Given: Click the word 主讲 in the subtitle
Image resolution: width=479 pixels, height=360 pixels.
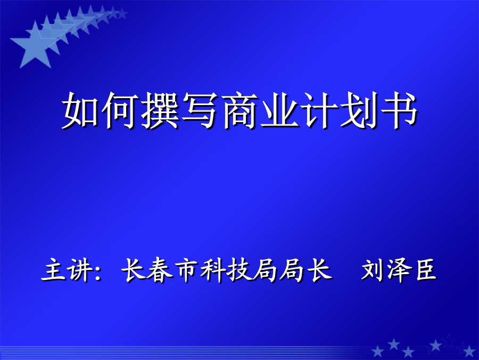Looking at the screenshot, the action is point(68,270).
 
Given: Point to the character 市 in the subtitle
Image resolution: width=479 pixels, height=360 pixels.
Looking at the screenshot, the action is point(186,270).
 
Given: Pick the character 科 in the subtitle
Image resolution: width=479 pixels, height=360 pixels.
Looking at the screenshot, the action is point(213,270).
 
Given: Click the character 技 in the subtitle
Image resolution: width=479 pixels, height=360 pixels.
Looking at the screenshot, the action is point(239,270).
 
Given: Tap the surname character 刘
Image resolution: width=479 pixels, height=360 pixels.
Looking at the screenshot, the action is point(373,270).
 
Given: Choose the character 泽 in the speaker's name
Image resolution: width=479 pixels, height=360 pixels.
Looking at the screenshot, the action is point(399,270).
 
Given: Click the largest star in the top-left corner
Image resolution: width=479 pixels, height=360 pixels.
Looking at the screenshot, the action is point(34,46).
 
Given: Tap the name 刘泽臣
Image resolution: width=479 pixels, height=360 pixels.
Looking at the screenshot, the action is point(399,270).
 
